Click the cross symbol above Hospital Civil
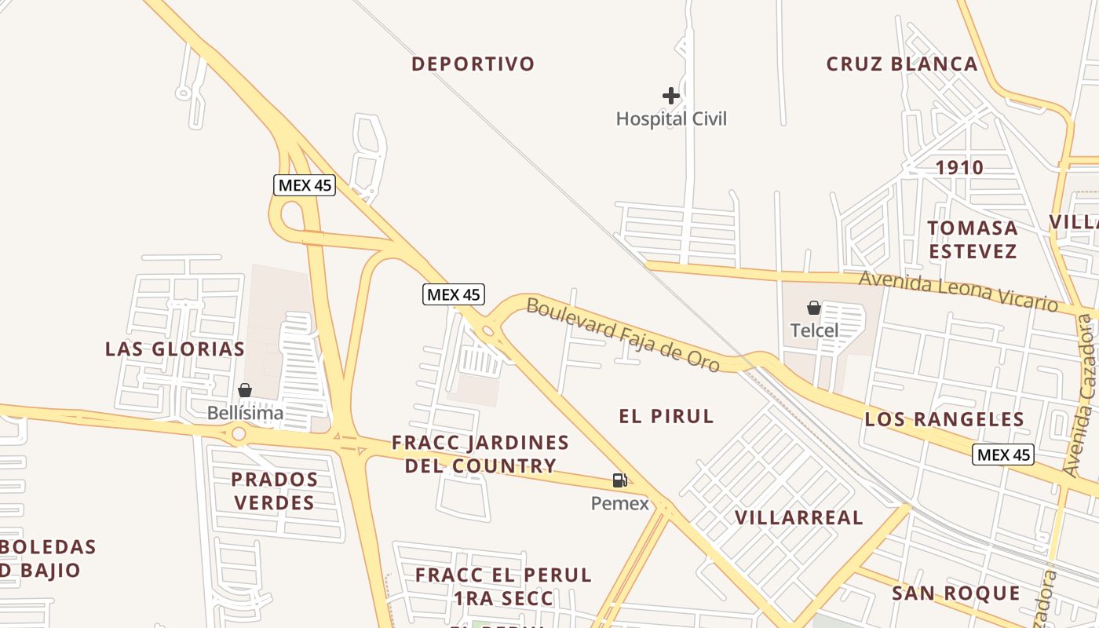click(670, 96)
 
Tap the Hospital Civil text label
click(671, 119)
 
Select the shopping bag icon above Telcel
click(814, 308)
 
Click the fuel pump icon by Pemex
click(619, 480)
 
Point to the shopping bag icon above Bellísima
click(245, 390)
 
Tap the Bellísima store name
click(245, 413)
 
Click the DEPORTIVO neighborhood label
click(473, 64)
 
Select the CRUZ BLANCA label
click(902, 64)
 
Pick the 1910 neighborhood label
click(959, 168)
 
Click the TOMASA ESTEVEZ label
click(973, 239)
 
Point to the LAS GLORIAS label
click(175, 349)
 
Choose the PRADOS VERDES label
click(274, 491)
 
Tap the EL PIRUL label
click(666, 416)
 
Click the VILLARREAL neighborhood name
click(798, 518)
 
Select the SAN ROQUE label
click(955, 593)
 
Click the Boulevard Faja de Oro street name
click(623, 335)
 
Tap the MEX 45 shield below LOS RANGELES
click(1002, 455)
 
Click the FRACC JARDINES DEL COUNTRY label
click(480, 454)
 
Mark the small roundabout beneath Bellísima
click(239, 434)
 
